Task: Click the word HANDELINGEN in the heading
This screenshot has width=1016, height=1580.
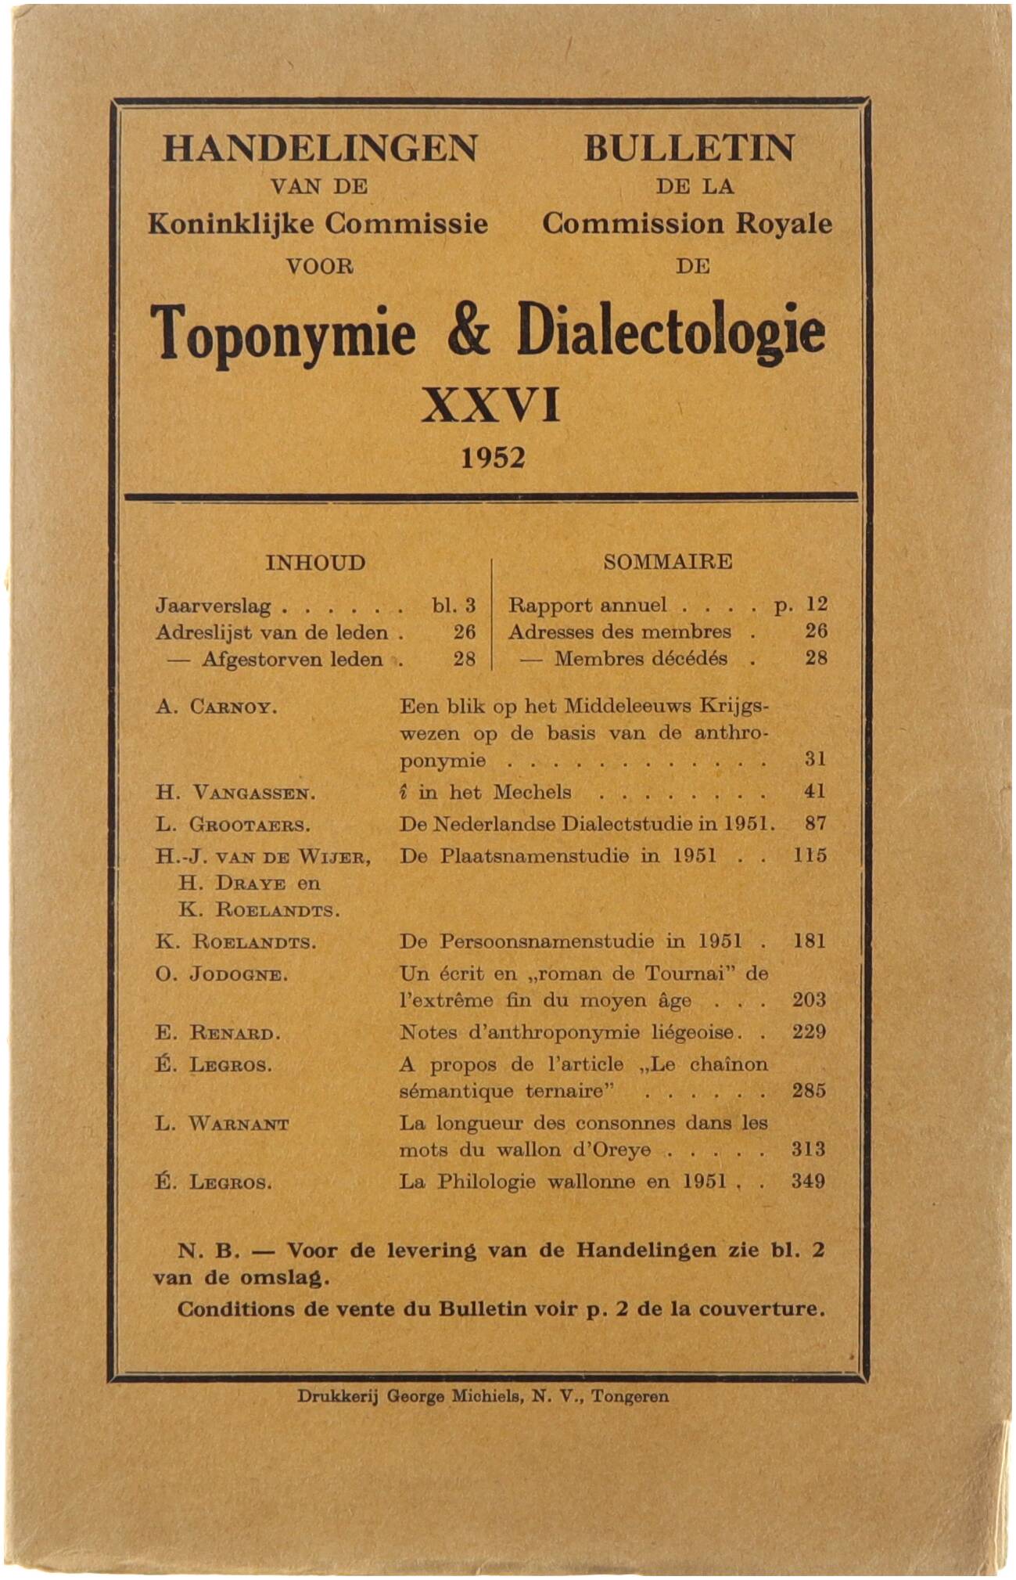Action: coord(319,148)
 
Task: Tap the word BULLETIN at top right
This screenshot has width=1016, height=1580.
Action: coord(689,148)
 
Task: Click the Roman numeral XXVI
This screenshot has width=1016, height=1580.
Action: coord(491,406)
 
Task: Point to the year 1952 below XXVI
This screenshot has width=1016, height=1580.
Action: coord(493,458)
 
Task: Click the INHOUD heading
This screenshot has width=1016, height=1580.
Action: coord(315,563)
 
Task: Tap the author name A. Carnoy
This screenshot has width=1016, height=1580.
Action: coord(217,707)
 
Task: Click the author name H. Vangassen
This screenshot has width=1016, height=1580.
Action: coord(235,793)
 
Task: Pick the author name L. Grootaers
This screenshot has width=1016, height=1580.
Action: coord(233,825)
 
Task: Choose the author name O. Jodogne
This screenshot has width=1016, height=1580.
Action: coord(222,975)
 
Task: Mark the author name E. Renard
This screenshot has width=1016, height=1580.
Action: coord(218,1033)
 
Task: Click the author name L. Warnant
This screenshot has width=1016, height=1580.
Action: coord(222,1125)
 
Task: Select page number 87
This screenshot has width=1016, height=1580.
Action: coord(815,823)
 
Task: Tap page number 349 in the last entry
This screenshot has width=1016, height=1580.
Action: coord(808,1181)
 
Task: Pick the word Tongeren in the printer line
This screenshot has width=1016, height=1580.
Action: coord(630,1396)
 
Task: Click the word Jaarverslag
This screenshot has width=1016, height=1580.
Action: coord(214,606)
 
